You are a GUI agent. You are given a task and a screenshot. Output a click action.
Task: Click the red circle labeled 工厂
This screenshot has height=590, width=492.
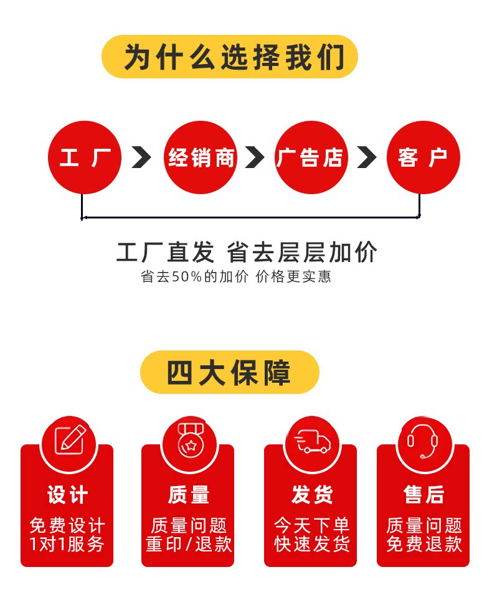click(85, 157)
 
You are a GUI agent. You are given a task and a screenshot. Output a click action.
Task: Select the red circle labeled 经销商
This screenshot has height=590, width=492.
click(201, 157)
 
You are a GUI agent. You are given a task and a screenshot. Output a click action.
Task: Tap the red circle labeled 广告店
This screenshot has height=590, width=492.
click(311, 157)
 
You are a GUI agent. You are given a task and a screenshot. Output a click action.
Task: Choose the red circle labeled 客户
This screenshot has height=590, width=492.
click(423, 157)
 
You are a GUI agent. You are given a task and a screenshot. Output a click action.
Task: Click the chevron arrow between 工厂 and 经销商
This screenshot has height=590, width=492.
click(141, 157)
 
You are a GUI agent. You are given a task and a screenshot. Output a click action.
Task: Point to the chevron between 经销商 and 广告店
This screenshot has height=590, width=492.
click(255, 157)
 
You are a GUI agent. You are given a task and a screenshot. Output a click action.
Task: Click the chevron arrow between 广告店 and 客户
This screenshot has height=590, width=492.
click(367, 157)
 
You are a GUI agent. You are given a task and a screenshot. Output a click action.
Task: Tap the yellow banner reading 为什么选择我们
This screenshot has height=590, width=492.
click(230, 57)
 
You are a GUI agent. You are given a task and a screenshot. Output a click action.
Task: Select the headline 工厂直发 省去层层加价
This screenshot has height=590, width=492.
click(247, 253)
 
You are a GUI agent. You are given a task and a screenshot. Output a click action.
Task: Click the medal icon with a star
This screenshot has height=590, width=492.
click(188, 441)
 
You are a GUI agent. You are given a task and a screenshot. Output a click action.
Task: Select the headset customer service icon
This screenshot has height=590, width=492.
click(423, 441)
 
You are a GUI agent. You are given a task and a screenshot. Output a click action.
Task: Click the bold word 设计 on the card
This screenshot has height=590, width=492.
click(67, 495)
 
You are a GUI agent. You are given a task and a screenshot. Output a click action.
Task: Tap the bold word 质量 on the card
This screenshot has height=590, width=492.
click(188, 495)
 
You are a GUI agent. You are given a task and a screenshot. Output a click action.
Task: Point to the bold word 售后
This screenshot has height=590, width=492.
click(423, 495)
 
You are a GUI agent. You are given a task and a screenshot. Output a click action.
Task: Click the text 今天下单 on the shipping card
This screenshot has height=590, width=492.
click(311, 525)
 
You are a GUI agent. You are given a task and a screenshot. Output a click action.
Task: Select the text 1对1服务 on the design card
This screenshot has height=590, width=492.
click(67, 544)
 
